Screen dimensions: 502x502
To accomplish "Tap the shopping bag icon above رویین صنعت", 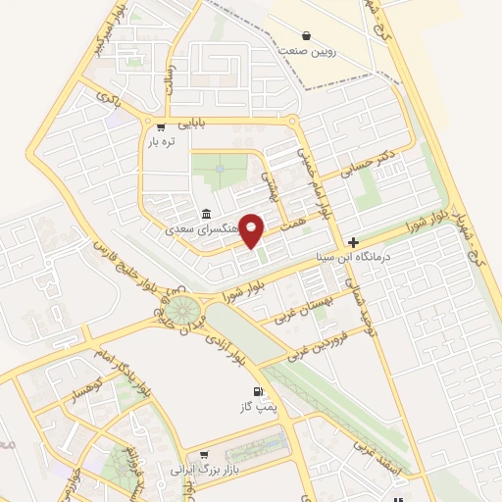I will click(x=307, y=34).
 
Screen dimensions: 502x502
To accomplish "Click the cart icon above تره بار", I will click(x=161, y=127).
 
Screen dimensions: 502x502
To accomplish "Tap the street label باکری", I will click(x=108, y=98).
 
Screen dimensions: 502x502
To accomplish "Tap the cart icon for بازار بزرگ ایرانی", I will click(x=204, y=455).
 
